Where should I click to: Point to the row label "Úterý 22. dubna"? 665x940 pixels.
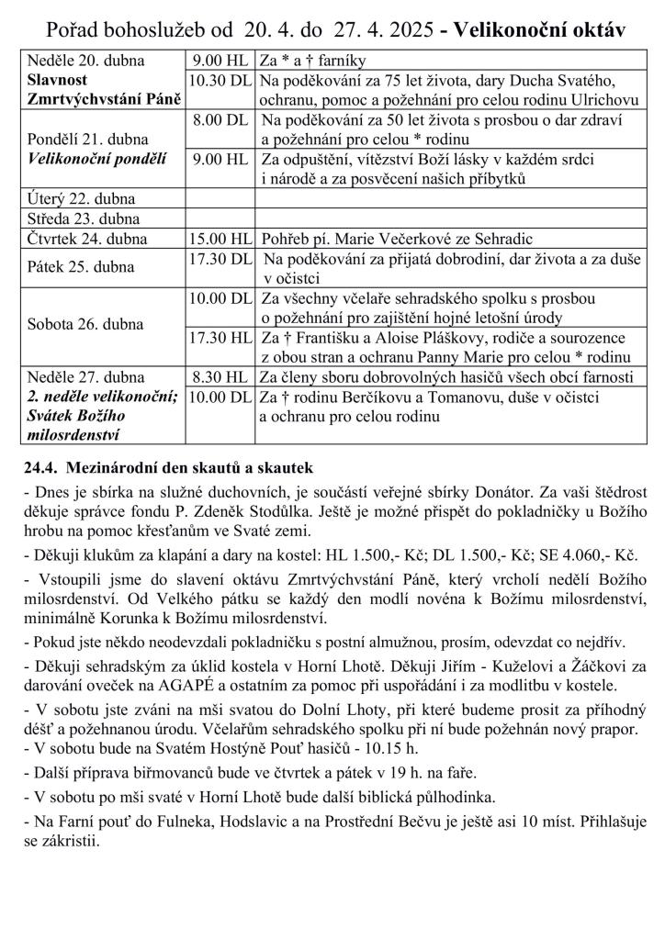coord(82,199)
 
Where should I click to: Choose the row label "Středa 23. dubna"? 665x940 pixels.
coord(84,218)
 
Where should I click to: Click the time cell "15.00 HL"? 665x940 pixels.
coord(220,239)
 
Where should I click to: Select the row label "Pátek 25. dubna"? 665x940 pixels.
coord(82,267)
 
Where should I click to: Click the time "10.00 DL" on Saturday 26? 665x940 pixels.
coord(220,298)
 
